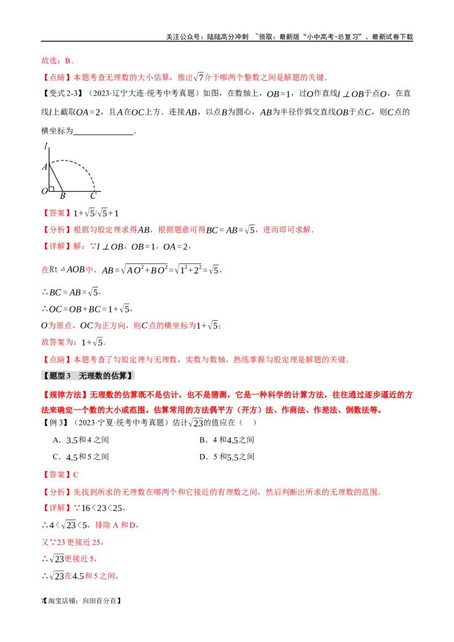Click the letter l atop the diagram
point(45,146)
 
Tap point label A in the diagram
point(44,167)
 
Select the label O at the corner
point(44,191)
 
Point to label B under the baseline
point(62,196)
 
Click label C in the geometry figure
point(93,196)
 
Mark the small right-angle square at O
point(51,189)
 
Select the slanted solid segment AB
point(56,177)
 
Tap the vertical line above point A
point(49,155)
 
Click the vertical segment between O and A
point(49,177)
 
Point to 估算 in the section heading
point(120,375)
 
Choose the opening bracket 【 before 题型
point(45,375)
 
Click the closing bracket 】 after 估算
point(132,375)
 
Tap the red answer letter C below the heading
point(76,474)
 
